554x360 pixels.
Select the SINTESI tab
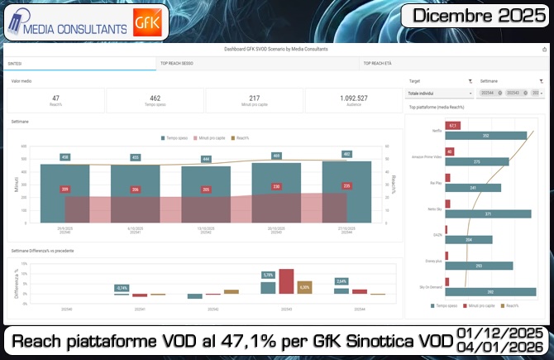point(15,63)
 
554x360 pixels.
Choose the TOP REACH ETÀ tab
point(376,63)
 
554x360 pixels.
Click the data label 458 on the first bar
point(64,156)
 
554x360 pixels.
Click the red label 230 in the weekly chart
point(276,187)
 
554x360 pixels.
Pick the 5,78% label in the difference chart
point(268,274)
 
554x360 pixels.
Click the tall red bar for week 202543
point(286,281)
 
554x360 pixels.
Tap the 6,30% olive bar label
point(304,287)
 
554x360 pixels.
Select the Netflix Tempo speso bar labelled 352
point(486,136)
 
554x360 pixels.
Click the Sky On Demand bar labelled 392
point(490,291)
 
